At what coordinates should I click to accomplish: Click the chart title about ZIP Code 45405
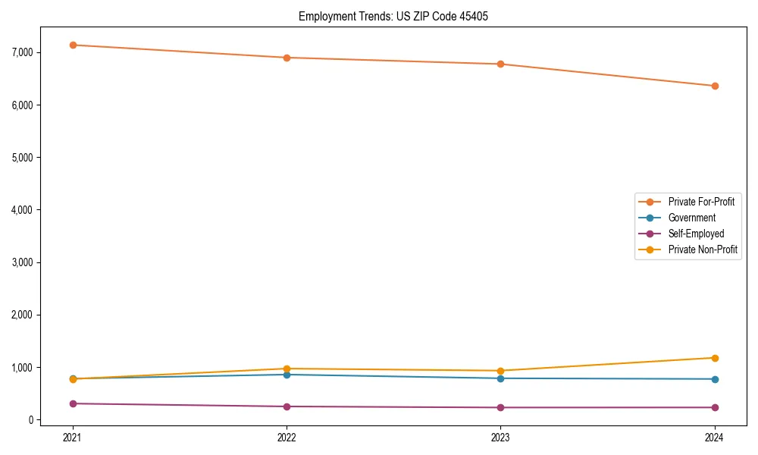coord(399,16)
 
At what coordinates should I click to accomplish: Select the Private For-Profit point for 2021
coord(73,45)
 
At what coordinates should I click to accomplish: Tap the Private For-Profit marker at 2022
coord(287,58)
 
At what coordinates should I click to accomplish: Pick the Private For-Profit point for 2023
coord(501,64)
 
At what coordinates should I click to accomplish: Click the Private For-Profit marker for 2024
coord(715,86)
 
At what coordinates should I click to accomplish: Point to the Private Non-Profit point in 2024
coord(715,358)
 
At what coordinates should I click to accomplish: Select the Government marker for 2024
coord(715,379)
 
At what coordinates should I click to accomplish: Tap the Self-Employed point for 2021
coord(73,403)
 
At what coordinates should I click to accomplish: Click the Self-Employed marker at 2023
coord(501,407)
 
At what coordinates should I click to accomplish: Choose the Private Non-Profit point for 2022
coord(287,369)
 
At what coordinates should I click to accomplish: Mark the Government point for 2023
coord(501,378)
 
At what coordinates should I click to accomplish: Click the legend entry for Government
coord(691,218)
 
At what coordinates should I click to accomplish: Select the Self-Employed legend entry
coord(696,234)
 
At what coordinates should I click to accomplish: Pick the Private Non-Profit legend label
coord(703,249)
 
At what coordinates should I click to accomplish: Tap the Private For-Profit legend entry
coord(701,202)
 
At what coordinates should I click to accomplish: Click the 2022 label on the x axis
coord(287,438)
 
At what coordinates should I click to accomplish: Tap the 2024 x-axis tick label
coord(715,438)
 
